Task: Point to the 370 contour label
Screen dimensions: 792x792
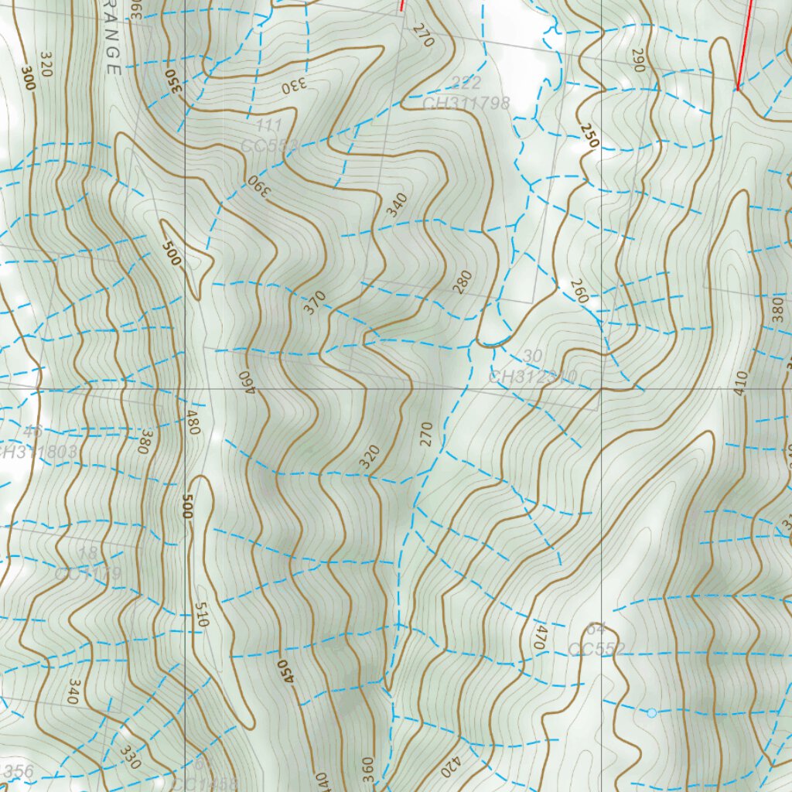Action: tap(314, 302)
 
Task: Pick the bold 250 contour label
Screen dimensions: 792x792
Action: tap(589, 135)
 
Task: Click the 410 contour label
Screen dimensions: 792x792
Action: tap(741, 383)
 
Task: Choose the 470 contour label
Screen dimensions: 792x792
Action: tap(538, 636)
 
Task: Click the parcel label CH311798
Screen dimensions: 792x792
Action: tap(466, 102)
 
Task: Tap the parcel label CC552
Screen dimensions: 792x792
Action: tap(596, 649)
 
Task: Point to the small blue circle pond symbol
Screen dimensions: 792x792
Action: tap(651, 712)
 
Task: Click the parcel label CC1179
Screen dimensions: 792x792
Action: tap(88, 574)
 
